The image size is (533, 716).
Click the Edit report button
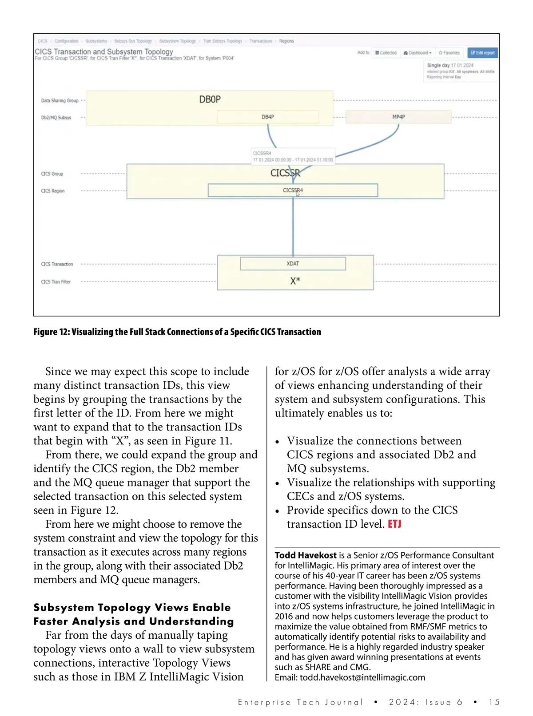click(482, 53)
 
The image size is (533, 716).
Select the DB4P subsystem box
click(267, 117)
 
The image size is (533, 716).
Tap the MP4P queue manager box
click(398, 117)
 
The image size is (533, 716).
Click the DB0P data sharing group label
click(210, 99)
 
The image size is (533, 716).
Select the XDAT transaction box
click(293, 264)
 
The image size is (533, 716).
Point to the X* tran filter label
click(295, 281)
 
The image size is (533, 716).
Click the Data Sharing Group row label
click(60, 101)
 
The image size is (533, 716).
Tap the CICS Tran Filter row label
click(56, 282)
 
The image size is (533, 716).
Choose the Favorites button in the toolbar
click(449, 53)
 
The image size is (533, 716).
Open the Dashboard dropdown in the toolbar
click(417, 53)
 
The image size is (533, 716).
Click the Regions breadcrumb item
click(286, 41)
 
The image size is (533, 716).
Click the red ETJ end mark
click(394, 524)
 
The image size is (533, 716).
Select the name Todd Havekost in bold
click(306, 555)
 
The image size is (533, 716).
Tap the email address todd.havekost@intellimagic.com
click(362, 677)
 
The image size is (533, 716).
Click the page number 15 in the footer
click(494, 702)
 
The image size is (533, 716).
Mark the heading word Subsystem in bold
click(65, 607)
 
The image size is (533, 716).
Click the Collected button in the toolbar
click(386, 53)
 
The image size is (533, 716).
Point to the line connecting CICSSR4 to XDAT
click(293, 226)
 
